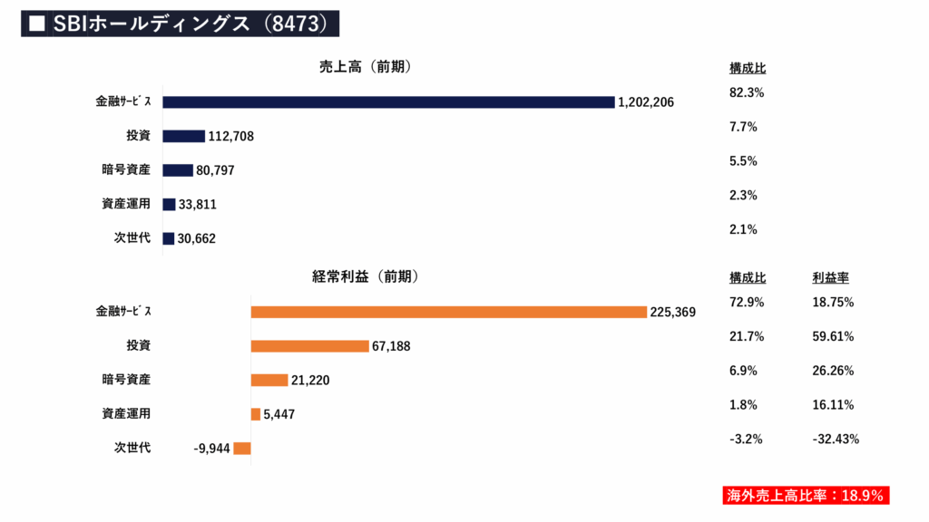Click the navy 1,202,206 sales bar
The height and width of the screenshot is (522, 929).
pyautogui.click(x=388, y=101)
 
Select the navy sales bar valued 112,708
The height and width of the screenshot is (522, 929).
pyautogui.click(x=184, y=136)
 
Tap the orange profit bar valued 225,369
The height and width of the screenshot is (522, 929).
pyautogui.click(x=448, y=312)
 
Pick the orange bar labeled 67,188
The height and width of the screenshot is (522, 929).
pyautogui.click(x=309, y=346)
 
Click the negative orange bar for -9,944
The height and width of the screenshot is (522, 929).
pyautogui.click(x=242, y=448)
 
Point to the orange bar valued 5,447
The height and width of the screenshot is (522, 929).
pyautogui.click(x=256, y=414)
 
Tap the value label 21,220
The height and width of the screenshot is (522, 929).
pyautogui.click(x=310, y=381)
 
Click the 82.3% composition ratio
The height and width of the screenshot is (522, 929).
pyautogui.click(x=747, y=92)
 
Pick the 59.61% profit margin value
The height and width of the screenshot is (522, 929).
pyautogui.click(x=833, y=336)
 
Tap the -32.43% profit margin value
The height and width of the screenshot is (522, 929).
pyautogui.click(x=836, y=440)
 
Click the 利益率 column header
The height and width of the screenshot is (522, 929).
pyautogui.click(x=830, y=278)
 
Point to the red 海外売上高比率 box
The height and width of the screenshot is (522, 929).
pyautogui.click(x=804, y=496)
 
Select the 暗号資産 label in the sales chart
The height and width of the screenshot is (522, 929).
pyautogui.click(x=125, y=169)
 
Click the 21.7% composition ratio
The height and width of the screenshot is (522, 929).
pyautogui.click(x=747, y=336)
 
